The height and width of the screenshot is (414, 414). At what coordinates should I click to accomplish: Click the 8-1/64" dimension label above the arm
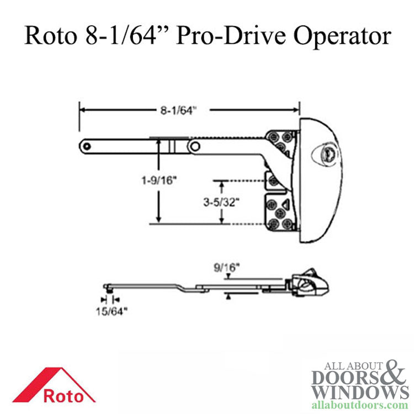tap(178, 110)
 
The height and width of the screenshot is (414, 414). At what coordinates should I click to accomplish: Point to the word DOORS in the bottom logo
tap(342, 376)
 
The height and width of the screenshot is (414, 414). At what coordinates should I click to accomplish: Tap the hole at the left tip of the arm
tap(86, 145)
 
